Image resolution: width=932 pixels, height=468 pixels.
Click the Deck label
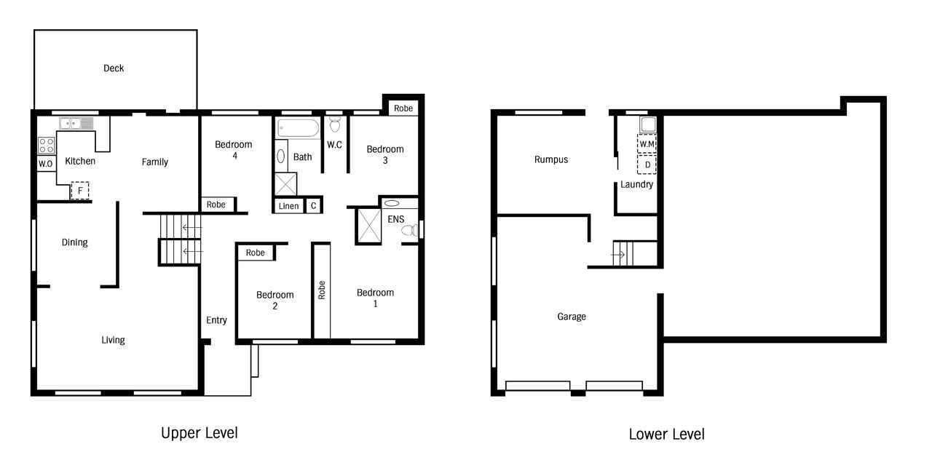tap(114, 68)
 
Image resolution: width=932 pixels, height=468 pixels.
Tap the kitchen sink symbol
tap(76, 124)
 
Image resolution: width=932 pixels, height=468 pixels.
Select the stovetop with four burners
tap(46, 146)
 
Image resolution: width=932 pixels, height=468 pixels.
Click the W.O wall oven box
tap(46, 164)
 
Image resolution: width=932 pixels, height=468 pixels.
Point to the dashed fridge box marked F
tap(80, 191)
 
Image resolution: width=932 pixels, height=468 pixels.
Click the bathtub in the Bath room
tap(299, 128)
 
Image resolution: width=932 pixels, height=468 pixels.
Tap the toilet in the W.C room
tap(335, 124)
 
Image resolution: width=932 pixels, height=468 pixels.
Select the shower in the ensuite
tap(369, 226)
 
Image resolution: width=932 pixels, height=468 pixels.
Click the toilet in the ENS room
tap(410, 230)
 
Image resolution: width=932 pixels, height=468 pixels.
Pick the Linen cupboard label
tap(289, 206)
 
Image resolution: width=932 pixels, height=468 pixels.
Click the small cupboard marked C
tap(313, 206)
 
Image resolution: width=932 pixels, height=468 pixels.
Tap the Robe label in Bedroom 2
tap(255, 253)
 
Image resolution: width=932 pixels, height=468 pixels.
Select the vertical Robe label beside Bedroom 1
tap(322, 290)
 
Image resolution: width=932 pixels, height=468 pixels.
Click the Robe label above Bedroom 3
tap(403, 108)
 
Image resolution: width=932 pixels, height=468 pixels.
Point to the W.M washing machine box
tap(647, 144)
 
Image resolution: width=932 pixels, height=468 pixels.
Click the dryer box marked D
tap(647, 164)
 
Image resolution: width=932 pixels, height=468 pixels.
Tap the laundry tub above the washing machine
tap(648, 124)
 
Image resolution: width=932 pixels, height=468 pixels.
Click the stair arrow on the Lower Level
tap(618, 255)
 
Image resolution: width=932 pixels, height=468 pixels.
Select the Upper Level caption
tap(200, 433)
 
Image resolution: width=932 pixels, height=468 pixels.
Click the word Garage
tap(572, 317)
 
